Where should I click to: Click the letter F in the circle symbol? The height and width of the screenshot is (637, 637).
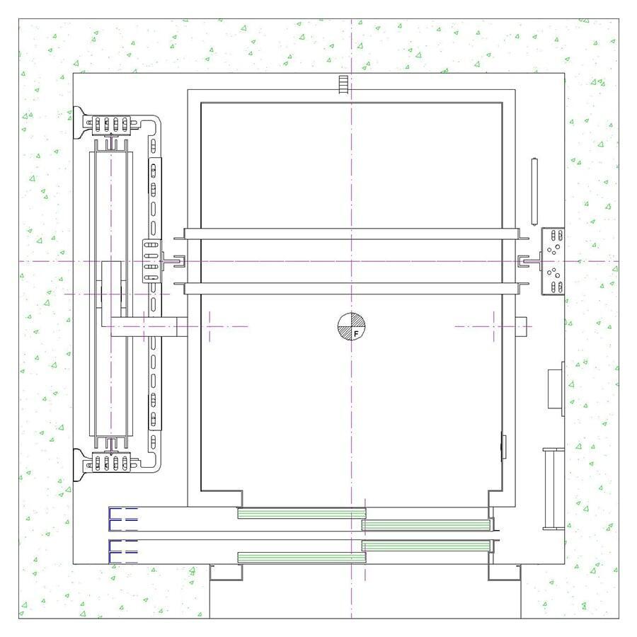pos(356,333)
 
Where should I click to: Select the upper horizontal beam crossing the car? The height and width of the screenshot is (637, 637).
pos(351,234)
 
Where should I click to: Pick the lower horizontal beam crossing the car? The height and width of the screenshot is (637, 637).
pos(351,289)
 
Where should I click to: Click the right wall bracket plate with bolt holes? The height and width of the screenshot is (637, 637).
pos(553,261)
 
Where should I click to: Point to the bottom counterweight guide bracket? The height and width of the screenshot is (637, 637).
pos(110,462)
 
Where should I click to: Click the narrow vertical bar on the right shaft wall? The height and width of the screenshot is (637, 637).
pos(534,192)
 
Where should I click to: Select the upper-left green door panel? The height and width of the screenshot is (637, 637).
pos(302,513)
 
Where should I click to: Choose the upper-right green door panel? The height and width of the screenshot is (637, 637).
pos(426,525)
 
